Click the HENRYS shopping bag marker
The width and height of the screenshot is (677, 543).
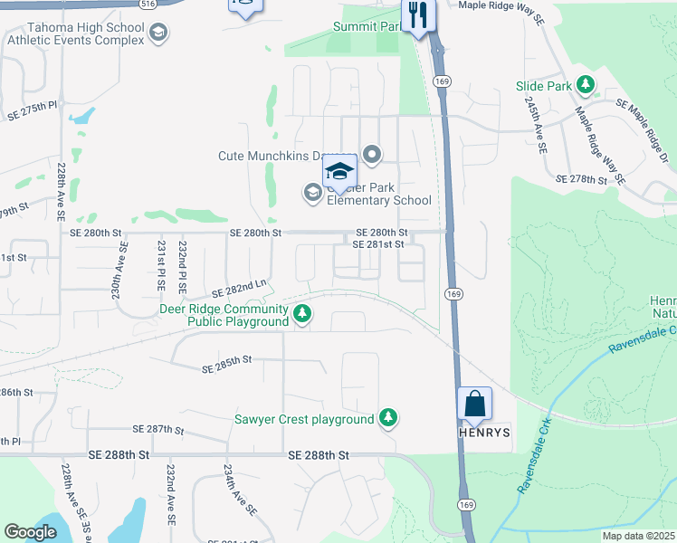[475, 405]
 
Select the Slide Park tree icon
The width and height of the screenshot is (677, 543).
[586, 85]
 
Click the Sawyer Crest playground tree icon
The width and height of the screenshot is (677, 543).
[388, 417]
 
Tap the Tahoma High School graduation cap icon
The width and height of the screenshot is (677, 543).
[158, 33]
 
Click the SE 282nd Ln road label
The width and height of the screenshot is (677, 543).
[239, 289]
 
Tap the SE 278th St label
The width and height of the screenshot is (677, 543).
[581, 180]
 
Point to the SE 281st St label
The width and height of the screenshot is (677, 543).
[377, 243]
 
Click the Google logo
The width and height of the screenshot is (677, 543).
[30, 532]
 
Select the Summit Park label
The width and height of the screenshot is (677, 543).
[366, 27]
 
